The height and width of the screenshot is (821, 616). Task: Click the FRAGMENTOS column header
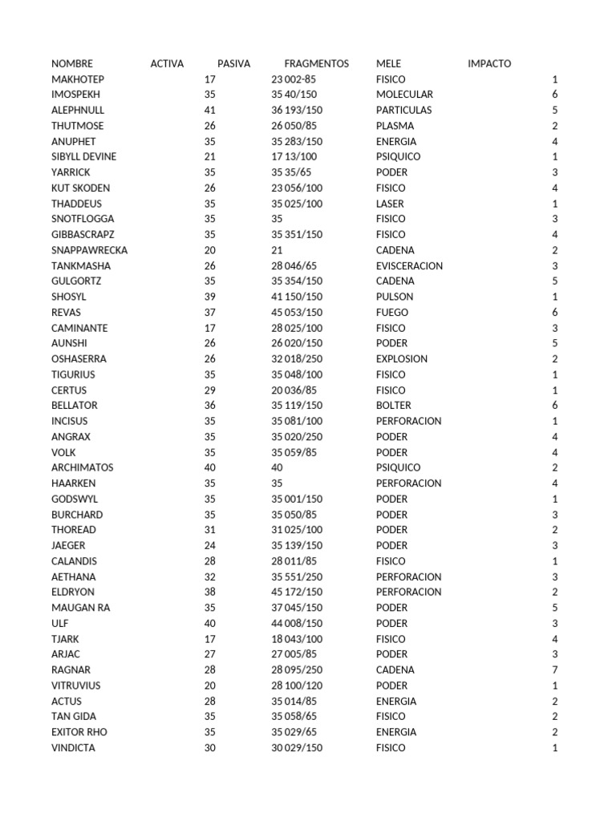pyautogui.click(x=316, y=63)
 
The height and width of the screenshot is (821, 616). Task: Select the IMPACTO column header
pyautogui.click(x=489, y=63)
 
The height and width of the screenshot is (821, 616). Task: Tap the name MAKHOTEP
pyautogui.click(x=78, y=79)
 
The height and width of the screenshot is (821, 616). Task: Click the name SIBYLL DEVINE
pyautogui.click(x=83, y=157)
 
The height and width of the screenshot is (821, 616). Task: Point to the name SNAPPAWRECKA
pyautogui.click(x=89, y=250)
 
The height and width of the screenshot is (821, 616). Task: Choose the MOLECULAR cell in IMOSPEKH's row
pyautogui.click(x=404, y=95)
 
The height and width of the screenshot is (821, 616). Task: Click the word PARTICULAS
pyautogui.click(x=403, y=110)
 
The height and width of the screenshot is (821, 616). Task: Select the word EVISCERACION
pyautogui.click(x=409, y=265)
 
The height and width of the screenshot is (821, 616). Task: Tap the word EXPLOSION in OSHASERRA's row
pyautogui.click(x=402, y=359)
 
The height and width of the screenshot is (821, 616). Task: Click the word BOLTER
pyautogui.click(x=393, y=406)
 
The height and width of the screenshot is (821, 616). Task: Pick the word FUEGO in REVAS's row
pyautogui.click(x=392, y=313)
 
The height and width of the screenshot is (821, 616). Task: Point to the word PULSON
pyautogui.click(x=395, y=297)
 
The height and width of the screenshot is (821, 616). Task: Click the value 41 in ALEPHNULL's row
pyautogui.click(x=210, y=110)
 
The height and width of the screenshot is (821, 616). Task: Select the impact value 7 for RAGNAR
pyautogui.click(x=554, y=669)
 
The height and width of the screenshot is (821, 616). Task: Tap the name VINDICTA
pyautogui.click(x=73, y=748)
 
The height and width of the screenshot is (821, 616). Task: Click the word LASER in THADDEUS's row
pyautogui.click(x=390, y=204)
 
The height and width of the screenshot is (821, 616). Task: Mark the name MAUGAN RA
pyautogui.click(x=80, y=608)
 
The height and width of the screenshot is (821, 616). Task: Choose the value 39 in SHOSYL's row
pyautogui.click(x=210, y=297)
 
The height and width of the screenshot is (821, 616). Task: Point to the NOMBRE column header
pyautogui.click(x=72, y=63)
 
